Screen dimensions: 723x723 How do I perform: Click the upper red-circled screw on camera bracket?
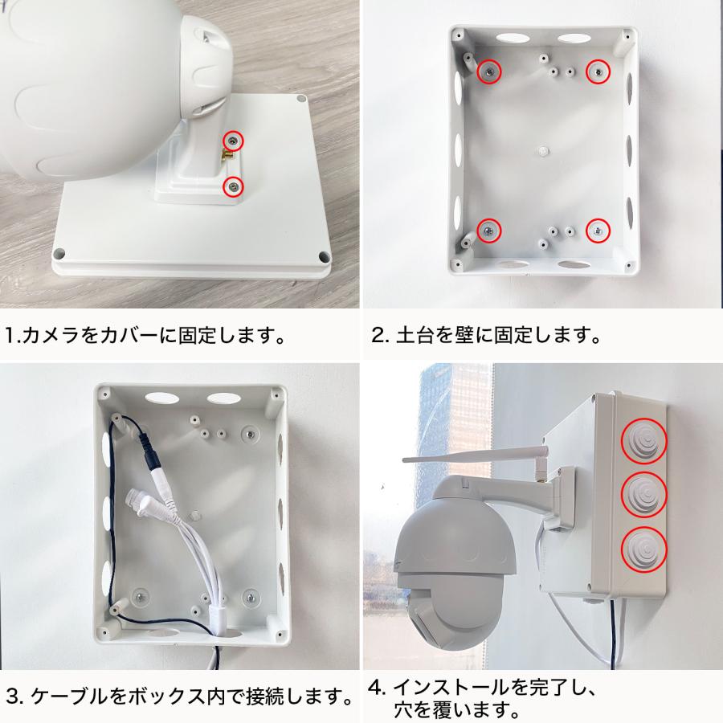(x=233, y=141)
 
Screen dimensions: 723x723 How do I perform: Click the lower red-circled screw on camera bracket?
(x=233, y=186)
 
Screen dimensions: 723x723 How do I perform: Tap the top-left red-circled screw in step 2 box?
(x=488, y=72)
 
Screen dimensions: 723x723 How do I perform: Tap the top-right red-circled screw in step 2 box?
(x=597, y=72)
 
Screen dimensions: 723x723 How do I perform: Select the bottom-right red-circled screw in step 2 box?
(x=598, y=231)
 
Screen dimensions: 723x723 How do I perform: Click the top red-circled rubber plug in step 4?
(x=644, y=441)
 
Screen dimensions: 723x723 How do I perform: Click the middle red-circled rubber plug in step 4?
(x=644, y=493)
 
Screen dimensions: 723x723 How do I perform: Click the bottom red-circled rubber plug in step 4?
(x=644, y=547)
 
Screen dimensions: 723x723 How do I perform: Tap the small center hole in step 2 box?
(x=543, y=150)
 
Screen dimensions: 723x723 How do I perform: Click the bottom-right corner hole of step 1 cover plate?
(x=323, y=256)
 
